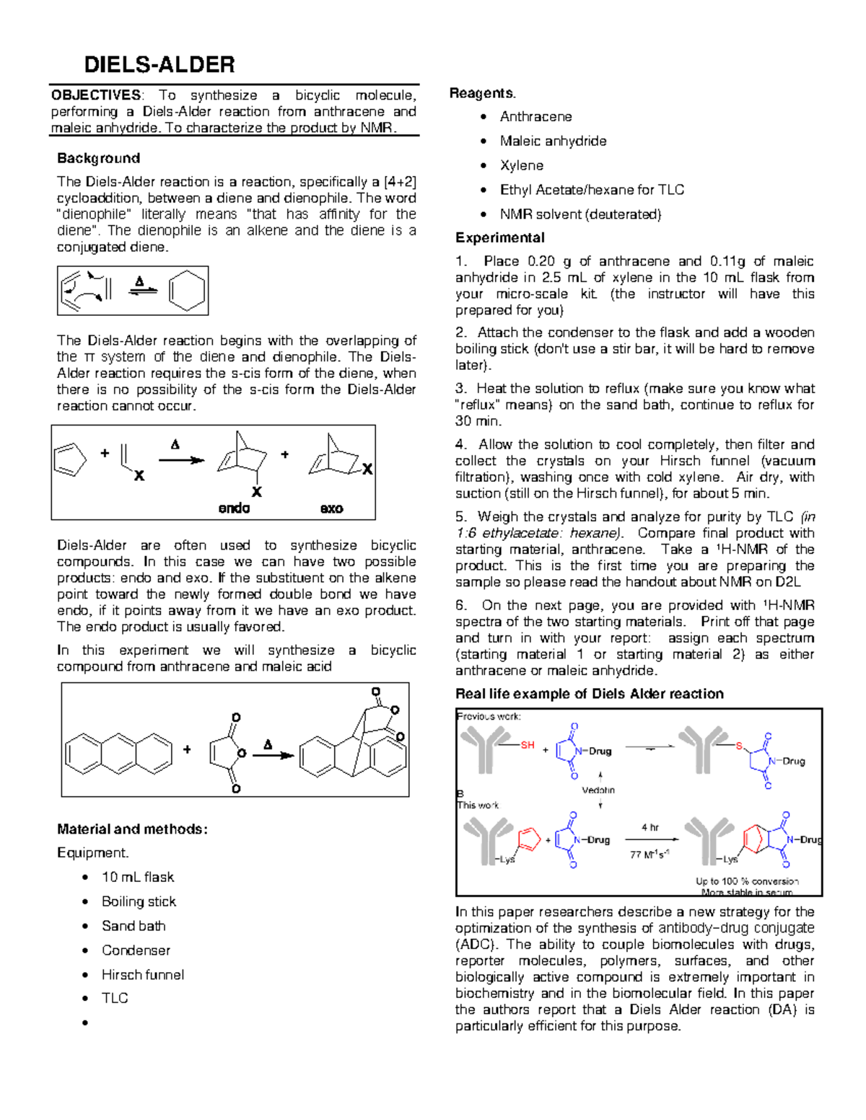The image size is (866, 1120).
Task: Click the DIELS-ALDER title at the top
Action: (x=159, y=65)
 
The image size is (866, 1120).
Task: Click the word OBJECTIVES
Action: (x=96, y=95)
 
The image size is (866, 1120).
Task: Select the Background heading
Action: (x=98, y=158)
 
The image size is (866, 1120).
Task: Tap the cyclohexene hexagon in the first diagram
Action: (x=187, y=291)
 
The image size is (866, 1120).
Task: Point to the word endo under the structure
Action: (x=234, y=508)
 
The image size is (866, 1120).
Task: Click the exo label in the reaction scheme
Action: (x=331, y=508)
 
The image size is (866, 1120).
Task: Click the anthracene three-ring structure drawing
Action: (x=118, y=754)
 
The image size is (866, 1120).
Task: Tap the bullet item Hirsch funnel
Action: (x=142, y=974)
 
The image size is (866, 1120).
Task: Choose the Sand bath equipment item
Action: (x=134, y=925)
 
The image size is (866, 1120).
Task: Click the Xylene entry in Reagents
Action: (x=522, y=165)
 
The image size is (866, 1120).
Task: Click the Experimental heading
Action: (x=499, y=237)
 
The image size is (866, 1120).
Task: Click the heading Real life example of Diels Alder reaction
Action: (x=589, y=694)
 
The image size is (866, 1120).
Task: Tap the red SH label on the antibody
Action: (x=528, y=745)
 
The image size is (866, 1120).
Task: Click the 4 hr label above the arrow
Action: (x=650, y=827)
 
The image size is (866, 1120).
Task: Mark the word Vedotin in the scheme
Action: (x=598, y=790)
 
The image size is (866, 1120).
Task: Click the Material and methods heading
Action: (x=132, y=829)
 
